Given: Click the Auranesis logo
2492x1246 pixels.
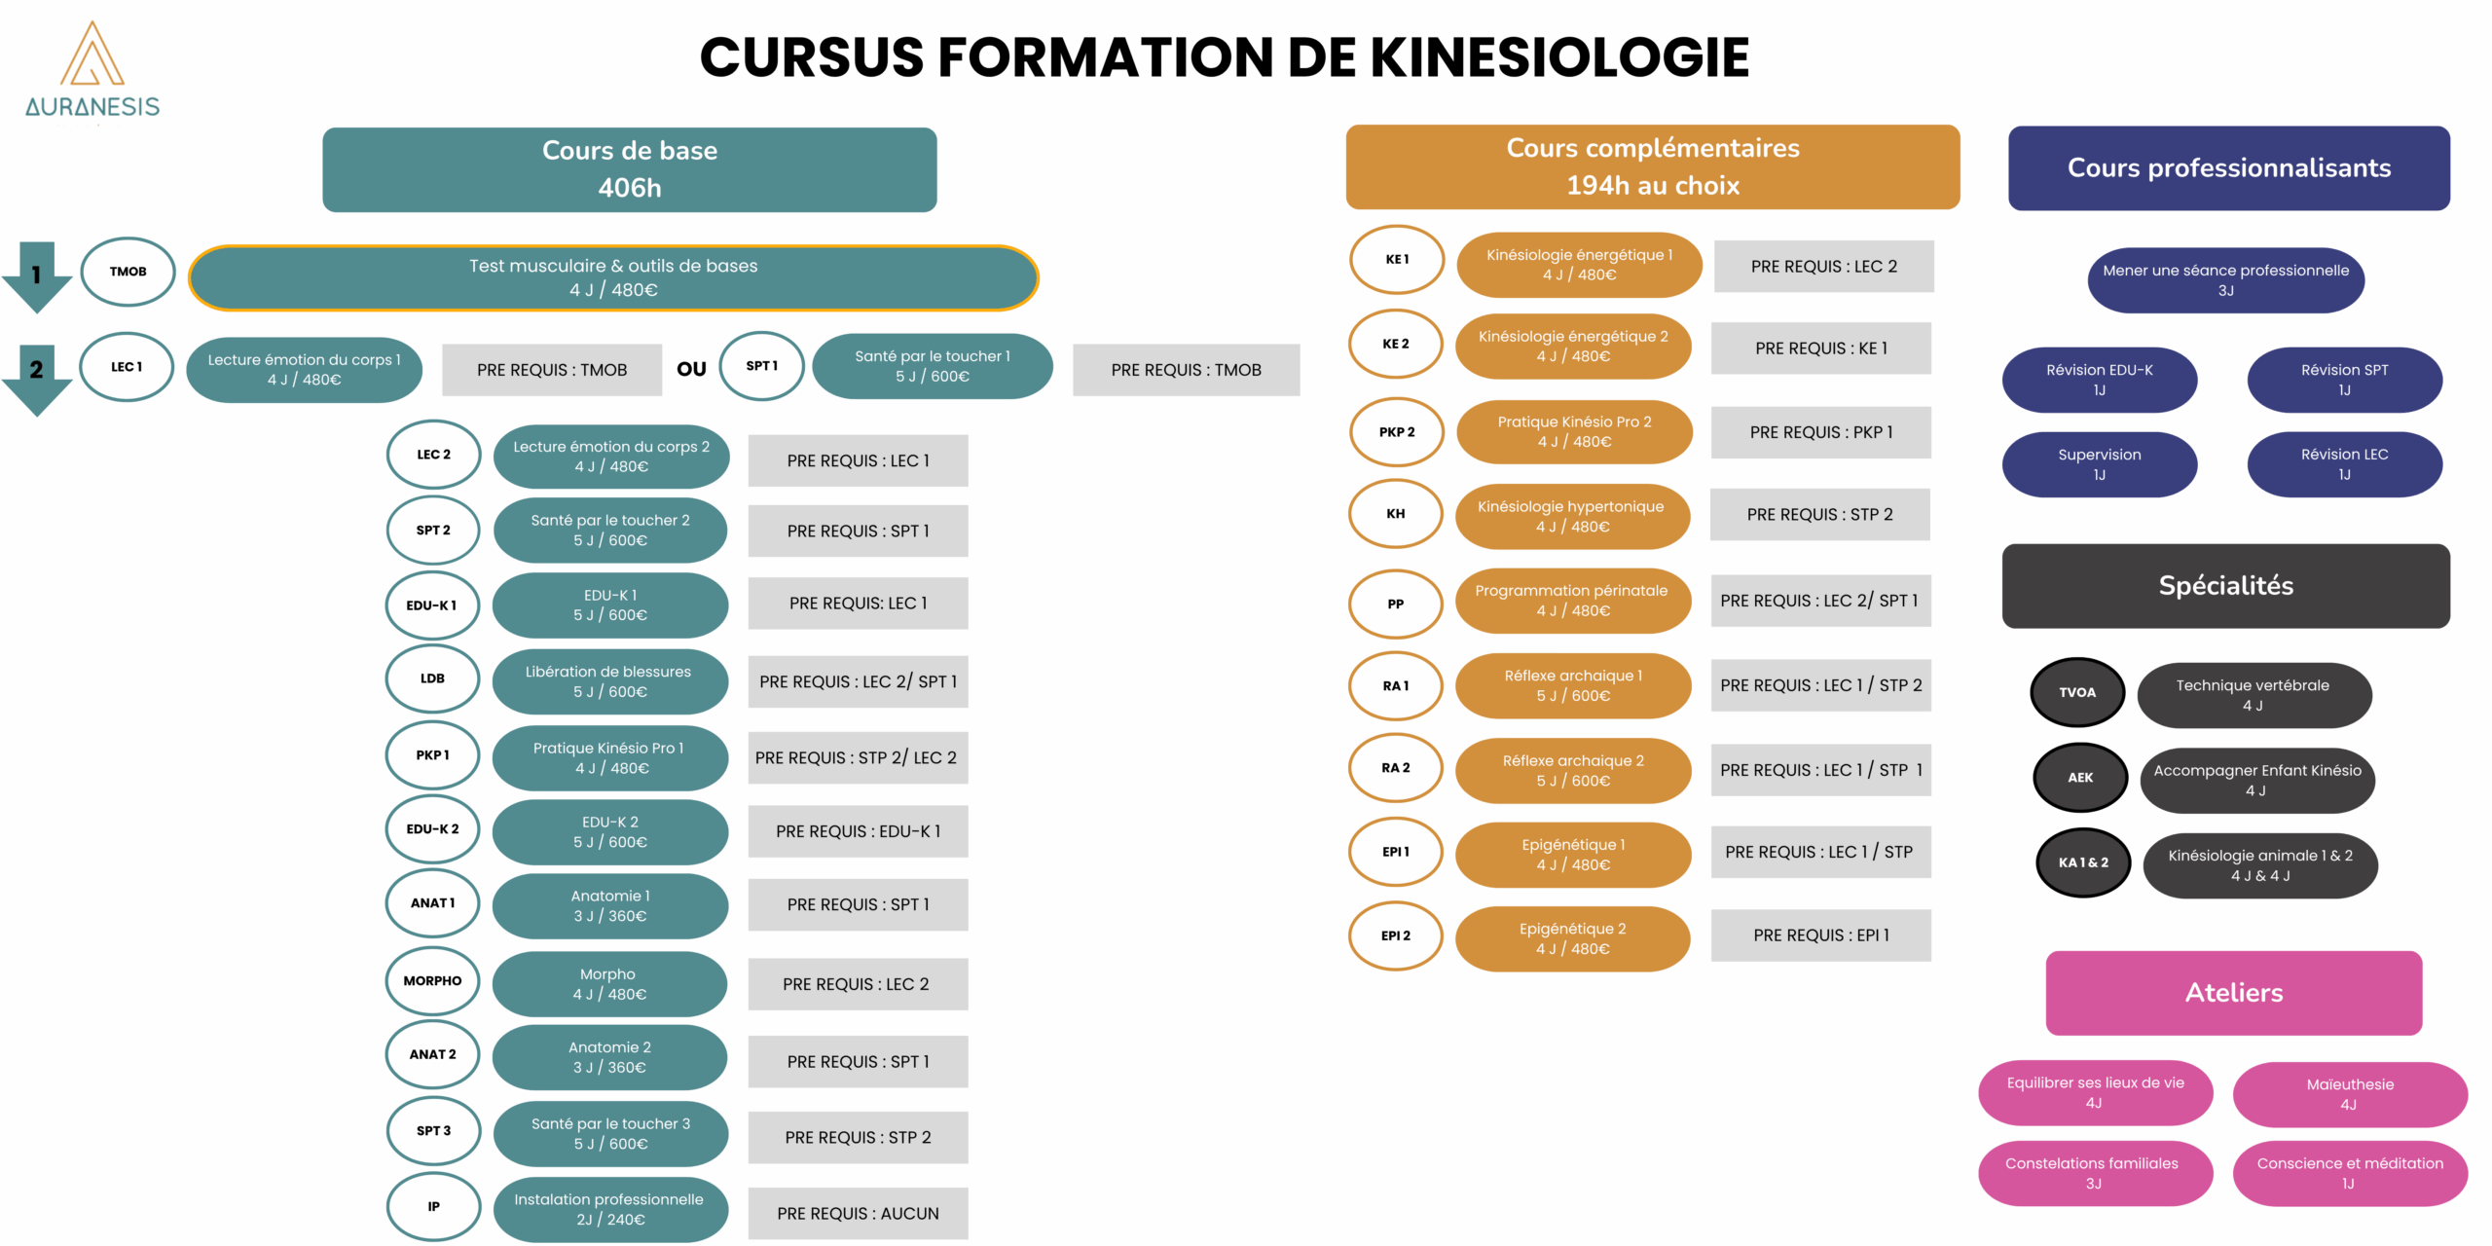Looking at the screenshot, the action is [x=92, y=70].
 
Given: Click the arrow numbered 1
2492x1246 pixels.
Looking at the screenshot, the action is [x=37, y=277].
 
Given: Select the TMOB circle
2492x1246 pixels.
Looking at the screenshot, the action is [x=128, y=272].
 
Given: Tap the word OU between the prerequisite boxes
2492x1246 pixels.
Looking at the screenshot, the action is [x=691, y=369].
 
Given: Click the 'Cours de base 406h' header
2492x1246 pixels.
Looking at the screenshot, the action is [x=630, y=169].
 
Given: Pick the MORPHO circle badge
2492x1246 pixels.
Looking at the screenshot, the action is [x=433, y=981].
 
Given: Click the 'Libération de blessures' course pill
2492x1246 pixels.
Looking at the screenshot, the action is [x=609, y=681].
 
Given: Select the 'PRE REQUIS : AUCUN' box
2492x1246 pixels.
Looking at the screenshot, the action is [x=858, y=1213].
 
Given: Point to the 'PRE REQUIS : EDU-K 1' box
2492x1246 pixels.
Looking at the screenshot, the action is [x=858, y=831].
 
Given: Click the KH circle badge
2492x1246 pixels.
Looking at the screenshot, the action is [x=1396, y=514].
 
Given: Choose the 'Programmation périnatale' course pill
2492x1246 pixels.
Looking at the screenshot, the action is [x=1572, y=601].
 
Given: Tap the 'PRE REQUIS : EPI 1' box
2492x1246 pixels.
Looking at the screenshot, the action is [x=1821, y=935].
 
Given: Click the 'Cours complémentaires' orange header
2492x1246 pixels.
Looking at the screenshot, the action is [x=1653, y=166].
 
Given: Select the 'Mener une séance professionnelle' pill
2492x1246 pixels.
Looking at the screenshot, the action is [x=2226, y=280].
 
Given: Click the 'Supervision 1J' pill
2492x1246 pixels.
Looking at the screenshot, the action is [x=2100, y=464].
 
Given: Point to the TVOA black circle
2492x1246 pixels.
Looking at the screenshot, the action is [x=2077, y=693].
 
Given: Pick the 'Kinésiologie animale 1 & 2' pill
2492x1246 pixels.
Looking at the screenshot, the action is [x=2260, y=865].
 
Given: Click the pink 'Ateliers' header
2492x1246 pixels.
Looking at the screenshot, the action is [x=2234, y=993].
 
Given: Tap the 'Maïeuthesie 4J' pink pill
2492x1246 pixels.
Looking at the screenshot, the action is [x=2350, y=1094].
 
